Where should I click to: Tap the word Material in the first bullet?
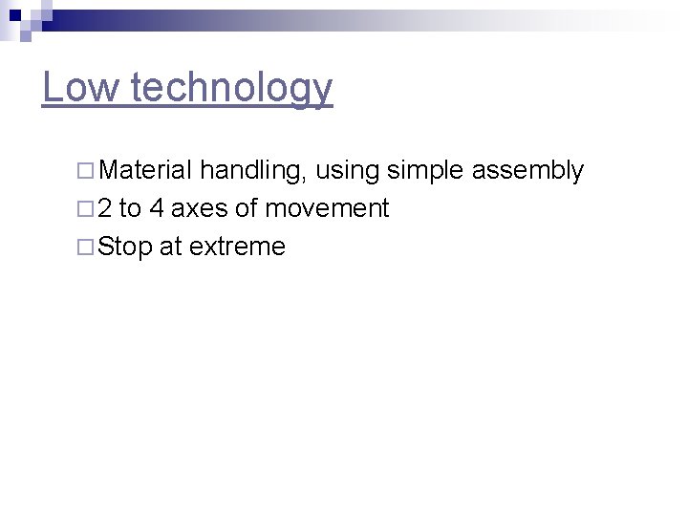pos(146,171)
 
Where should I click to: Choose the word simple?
pos(425,172)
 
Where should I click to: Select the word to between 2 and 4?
pos(131,208)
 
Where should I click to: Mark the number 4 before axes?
pos(157,208)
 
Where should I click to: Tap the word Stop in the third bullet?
pos(125,247)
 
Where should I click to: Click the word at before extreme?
pos(171,247)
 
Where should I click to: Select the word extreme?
pos(237,247)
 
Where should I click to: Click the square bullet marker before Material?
pos(85,172)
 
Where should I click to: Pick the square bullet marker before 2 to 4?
pos(85,209)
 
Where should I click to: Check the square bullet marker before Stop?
pos(85,247)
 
